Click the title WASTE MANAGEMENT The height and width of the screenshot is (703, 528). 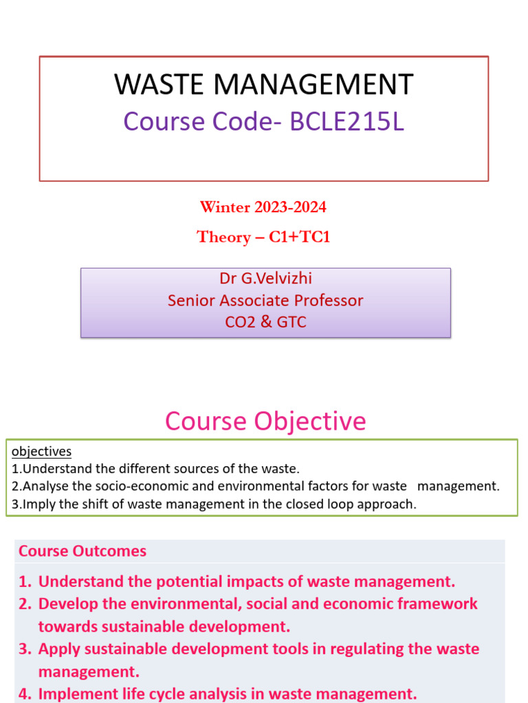[263, 84]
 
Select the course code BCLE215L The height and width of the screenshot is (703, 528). [347, 122]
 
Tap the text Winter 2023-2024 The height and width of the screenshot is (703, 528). [263, 207]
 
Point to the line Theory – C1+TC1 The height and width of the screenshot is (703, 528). [263, 237]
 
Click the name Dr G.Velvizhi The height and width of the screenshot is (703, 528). [265, 279]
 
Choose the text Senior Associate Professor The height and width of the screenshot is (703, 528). [265, 300]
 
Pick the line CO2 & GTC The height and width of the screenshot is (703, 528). [265, 321]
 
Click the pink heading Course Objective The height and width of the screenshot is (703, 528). [265, 421]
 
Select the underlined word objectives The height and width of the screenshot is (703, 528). [42, 451]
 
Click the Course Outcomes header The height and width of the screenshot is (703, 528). [82, 551]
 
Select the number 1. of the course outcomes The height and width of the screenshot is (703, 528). [25, 582]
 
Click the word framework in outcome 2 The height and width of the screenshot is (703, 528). [441, 604]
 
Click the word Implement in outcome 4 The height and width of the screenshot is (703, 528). [74, 694]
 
